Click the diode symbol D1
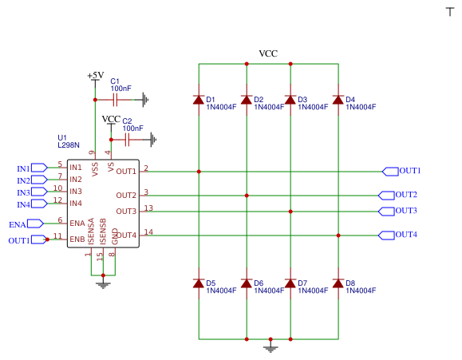[199, 100]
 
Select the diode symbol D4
[338, 100]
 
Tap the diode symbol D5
[199, 283]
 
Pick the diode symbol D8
[338, 283]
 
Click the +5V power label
[95, 75]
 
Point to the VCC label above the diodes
[268, 53]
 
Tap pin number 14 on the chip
[148, 232]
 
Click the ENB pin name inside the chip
[77, 239]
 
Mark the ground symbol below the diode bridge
[270, 346]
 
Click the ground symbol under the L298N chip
[102, 283]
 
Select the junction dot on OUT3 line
[290, 212]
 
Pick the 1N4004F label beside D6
[270, 291]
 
